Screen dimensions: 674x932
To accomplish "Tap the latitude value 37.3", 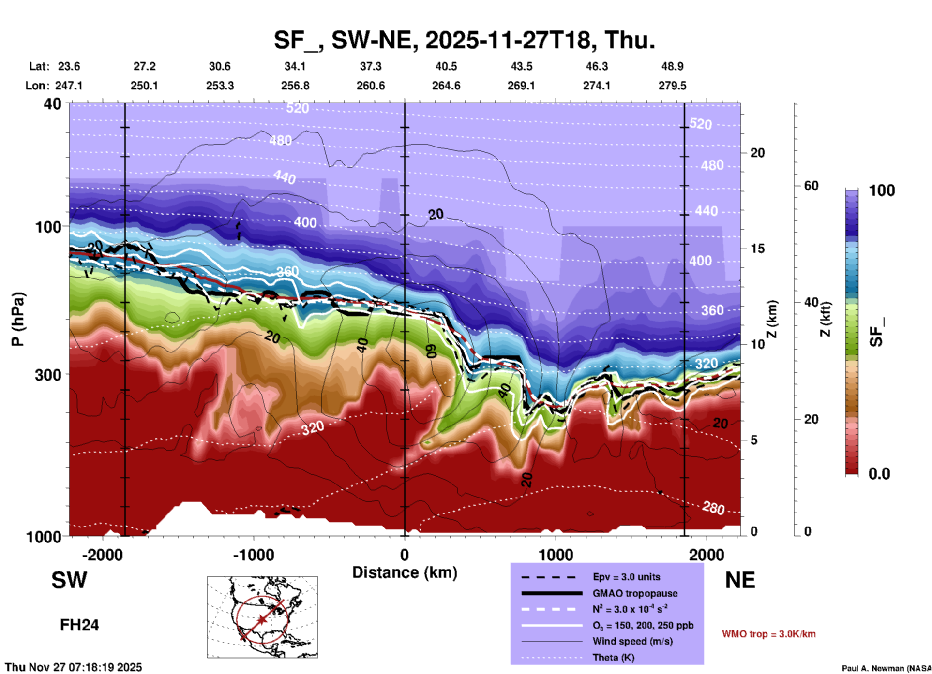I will coord(371,66).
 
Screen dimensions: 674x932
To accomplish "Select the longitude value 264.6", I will coord(446,86).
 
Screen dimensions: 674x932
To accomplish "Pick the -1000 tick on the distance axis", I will coord(254,555).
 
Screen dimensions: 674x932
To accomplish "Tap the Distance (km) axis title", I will coord(405,572).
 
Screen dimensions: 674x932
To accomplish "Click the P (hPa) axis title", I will coord(18,319).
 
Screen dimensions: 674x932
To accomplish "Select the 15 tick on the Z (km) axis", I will coord(757,249).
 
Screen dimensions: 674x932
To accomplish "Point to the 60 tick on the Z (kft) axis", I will coord(811,186).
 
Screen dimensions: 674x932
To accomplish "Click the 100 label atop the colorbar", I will coord(882,190).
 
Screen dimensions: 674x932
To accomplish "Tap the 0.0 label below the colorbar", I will coord(879,474).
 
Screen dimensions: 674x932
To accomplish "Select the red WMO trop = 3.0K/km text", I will coord(768,634).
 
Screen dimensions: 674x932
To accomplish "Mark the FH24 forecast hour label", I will coord(79,625).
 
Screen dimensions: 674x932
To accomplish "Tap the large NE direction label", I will coord(740,580).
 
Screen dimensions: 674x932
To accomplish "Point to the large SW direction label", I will coord(69,580).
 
